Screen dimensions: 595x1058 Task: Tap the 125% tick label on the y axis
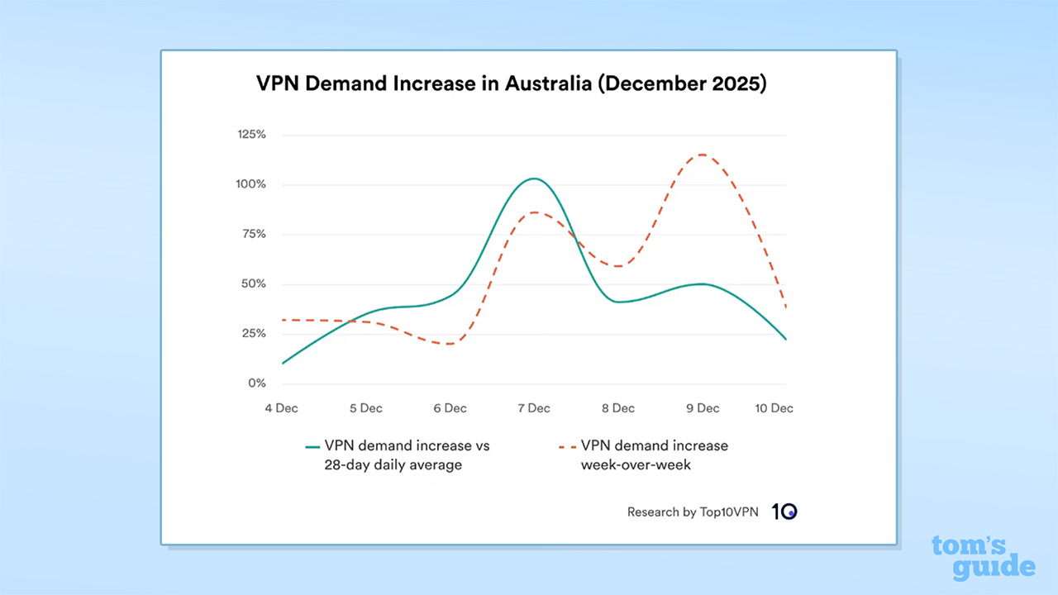click(x=250, y=134)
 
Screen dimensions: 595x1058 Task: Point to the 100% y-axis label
click(x=250, y=184)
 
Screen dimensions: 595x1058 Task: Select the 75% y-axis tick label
click(x=253, y=234)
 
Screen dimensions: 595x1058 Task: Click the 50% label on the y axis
click(x=253, y=283)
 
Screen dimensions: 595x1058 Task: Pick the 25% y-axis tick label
click(x=253, y=334)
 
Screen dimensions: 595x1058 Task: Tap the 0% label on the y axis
click(x=256, y=383)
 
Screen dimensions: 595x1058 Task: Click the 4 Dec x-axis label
click(x=281, y=408)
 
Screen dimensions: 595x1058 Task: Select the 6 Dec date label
click(x=450, y=408)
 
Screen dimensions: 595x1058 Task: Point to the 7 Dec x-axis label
click(x=534, y=408)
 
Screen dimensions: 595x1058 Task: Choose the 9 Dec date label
click(x=703, y=408)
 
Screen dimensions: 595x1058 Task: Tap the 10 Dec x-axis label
click(x=774, y=408)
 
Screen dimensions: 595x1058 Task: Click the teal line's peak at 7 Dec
click(x=534, y=178)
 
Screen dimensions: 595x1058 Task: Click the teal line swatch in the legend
click(x=312, y=446)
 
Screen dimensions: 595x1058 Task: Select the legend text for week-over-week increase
click(x=654, y=455)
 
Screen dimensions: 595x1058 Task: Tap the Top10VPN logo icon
click(x=784, y=512)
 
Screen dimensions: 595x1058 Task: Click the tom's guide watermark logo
click(x=983, y=557)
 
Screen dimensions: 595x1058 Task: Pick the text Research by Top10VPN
click(x=692, y=512)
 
